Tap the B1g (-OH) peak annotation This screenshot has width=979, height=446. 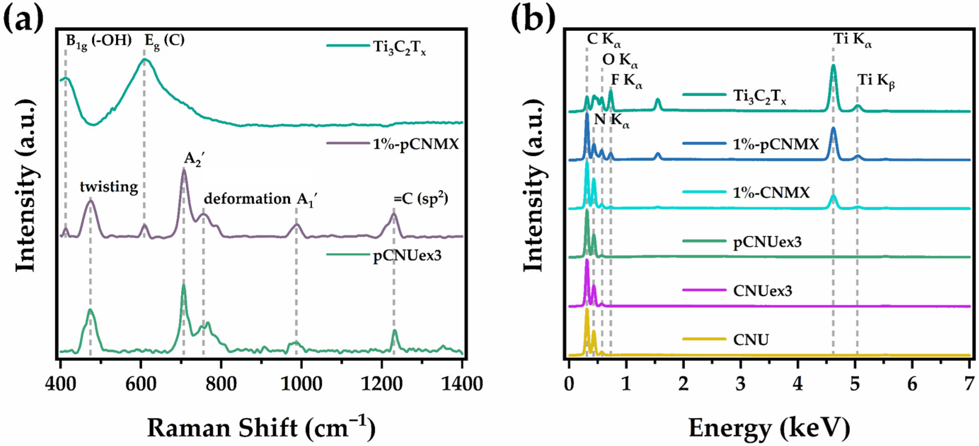98,41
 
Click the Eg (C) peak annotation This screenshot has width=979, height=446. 164,41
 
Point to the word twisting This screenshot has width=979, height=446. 109,187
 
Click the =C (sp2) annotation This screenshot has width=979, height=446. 420,199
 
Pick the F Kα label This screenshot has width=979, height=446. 626,81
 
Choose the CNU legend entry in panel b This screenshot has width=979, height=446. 751,339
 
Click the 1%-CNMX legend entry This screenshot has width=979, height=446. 771,193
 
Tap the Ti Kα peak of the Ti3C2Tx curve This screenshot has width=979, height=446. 833,66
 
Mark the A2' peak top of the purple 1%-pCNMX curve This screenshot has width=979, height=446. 184,171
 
